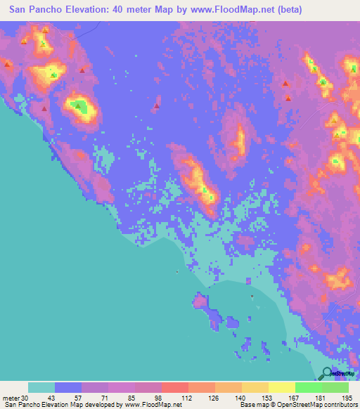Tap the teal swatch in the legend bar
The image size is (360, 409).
tap(41, 387)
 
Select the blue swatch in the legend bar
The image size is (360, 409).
tap(68, 387)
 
